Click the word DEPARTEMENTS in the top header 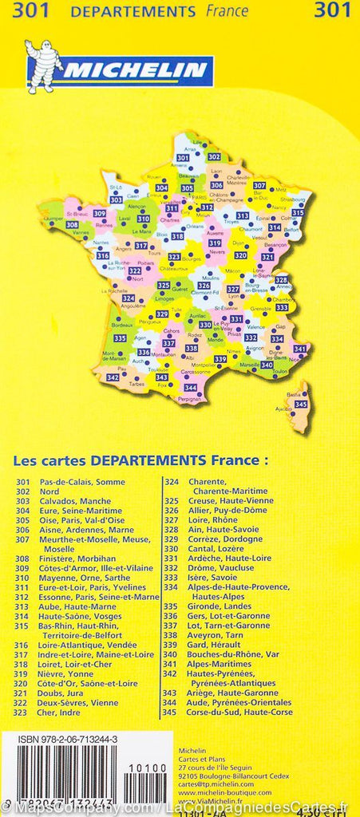tap(133, 11)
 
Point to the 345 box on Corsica tap(300, 405)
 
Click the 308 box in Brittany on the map tap(72, 225)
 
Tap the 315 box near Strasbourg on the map tap(297, 213)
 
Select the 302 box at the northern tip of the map tap(214, 157)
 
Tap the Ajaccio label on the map tap(283, 410)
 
